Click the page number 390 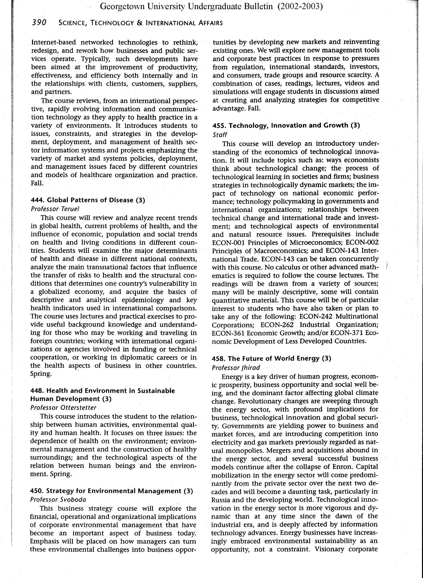tap(39, 23)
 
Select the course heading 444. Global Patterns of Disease tap(88, 200)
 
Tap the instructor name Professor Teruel tap(55, 209)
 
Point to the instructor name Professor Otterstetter tap(63, 407)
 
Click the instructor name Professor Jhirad tap(236, 367)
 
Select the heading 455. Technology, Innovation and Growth tap(286, 125)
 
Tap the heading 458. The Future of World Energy tap(271, 359)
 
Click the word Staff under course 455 tap(220, 135)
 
